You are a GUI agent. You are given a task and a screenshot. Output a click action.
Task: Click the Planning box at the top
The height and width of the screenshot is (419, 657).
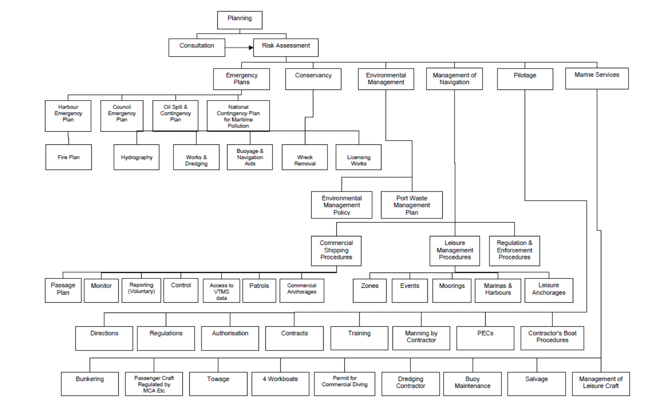(240, 20)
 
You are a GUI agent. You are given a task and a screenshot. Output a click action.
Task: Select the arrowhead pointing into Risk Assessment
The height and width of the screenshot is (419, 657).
(251, 47)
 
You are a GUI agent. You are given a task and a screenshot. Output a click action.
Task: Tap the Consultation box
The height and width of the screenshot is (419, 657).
(197, 48)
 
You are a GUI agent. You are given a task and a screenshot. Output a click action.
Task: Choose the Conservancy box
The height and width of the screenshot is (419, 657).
(313, 79)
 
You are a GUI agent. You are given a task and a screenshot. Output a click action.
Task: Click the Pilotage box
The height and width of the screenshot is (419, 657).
(525, 79)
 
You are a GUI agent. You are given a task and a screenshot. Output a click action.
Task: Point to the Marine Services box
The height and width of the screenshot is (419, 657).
(597, 78)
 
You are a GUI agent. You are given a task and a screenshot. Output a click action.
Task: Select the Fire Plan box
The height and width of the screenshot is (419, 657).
(68, 157)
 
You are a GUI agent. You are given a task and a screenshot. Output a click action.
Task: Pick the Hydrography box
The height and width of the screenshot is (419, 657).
(137, 157)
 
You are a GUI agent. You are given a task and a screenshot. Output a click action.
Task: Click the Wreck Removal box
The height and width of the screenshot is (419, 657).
(305, 157)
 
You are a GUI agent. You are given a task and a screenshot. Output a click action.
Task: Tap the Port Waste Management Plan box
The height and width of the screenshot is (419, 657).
(412, 205)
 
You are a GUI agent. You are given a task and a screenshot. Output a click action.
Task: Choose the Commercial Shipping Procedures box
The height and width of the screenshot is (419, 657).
(336, 251)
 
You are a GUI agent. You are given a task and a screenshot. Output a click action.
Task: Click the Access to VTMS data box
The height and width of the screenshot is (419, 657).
(222, 291)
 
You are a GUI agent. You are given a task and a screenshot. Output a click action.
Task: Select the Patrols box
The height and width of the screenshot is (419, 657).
(259, 291)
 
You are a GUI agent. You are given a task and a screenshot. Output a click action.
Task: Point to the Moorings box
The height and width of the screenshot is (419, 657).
(452, 291)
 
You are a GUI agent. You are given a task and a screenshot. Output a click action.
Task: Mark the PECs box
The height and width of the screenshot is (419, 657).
(486, 338)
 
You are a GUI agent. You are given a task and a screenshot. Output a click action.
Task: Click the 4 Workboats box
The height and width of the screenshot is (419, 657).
(280, 384)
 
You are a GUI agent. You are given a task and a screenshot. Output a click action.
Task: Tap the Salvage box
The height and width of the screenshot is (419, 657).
(537, 384)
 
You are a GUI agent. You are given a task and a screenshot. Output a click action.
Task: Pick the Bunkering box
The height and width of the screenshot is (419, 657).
(90, 384)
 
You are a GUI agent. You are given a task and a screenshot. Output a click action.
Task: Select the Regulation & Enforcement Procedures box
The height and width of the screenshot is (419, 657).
(515, 251)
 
